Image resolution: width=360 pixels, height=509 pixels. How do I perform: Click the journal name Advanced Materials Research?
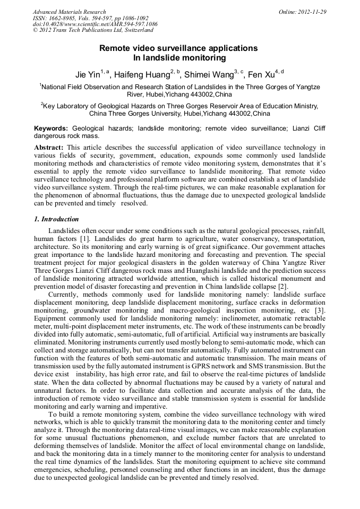[x=69, y=12]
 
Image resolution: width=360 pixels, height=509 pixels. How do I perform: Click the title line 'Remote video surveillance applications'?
[x=179, y=48]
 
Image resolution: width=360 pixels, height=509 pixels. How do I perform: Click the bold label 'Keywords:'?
[x=51, y=128]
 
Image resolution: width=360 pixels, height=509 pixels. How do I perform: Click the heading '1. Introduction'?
[x=56, y=219]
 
